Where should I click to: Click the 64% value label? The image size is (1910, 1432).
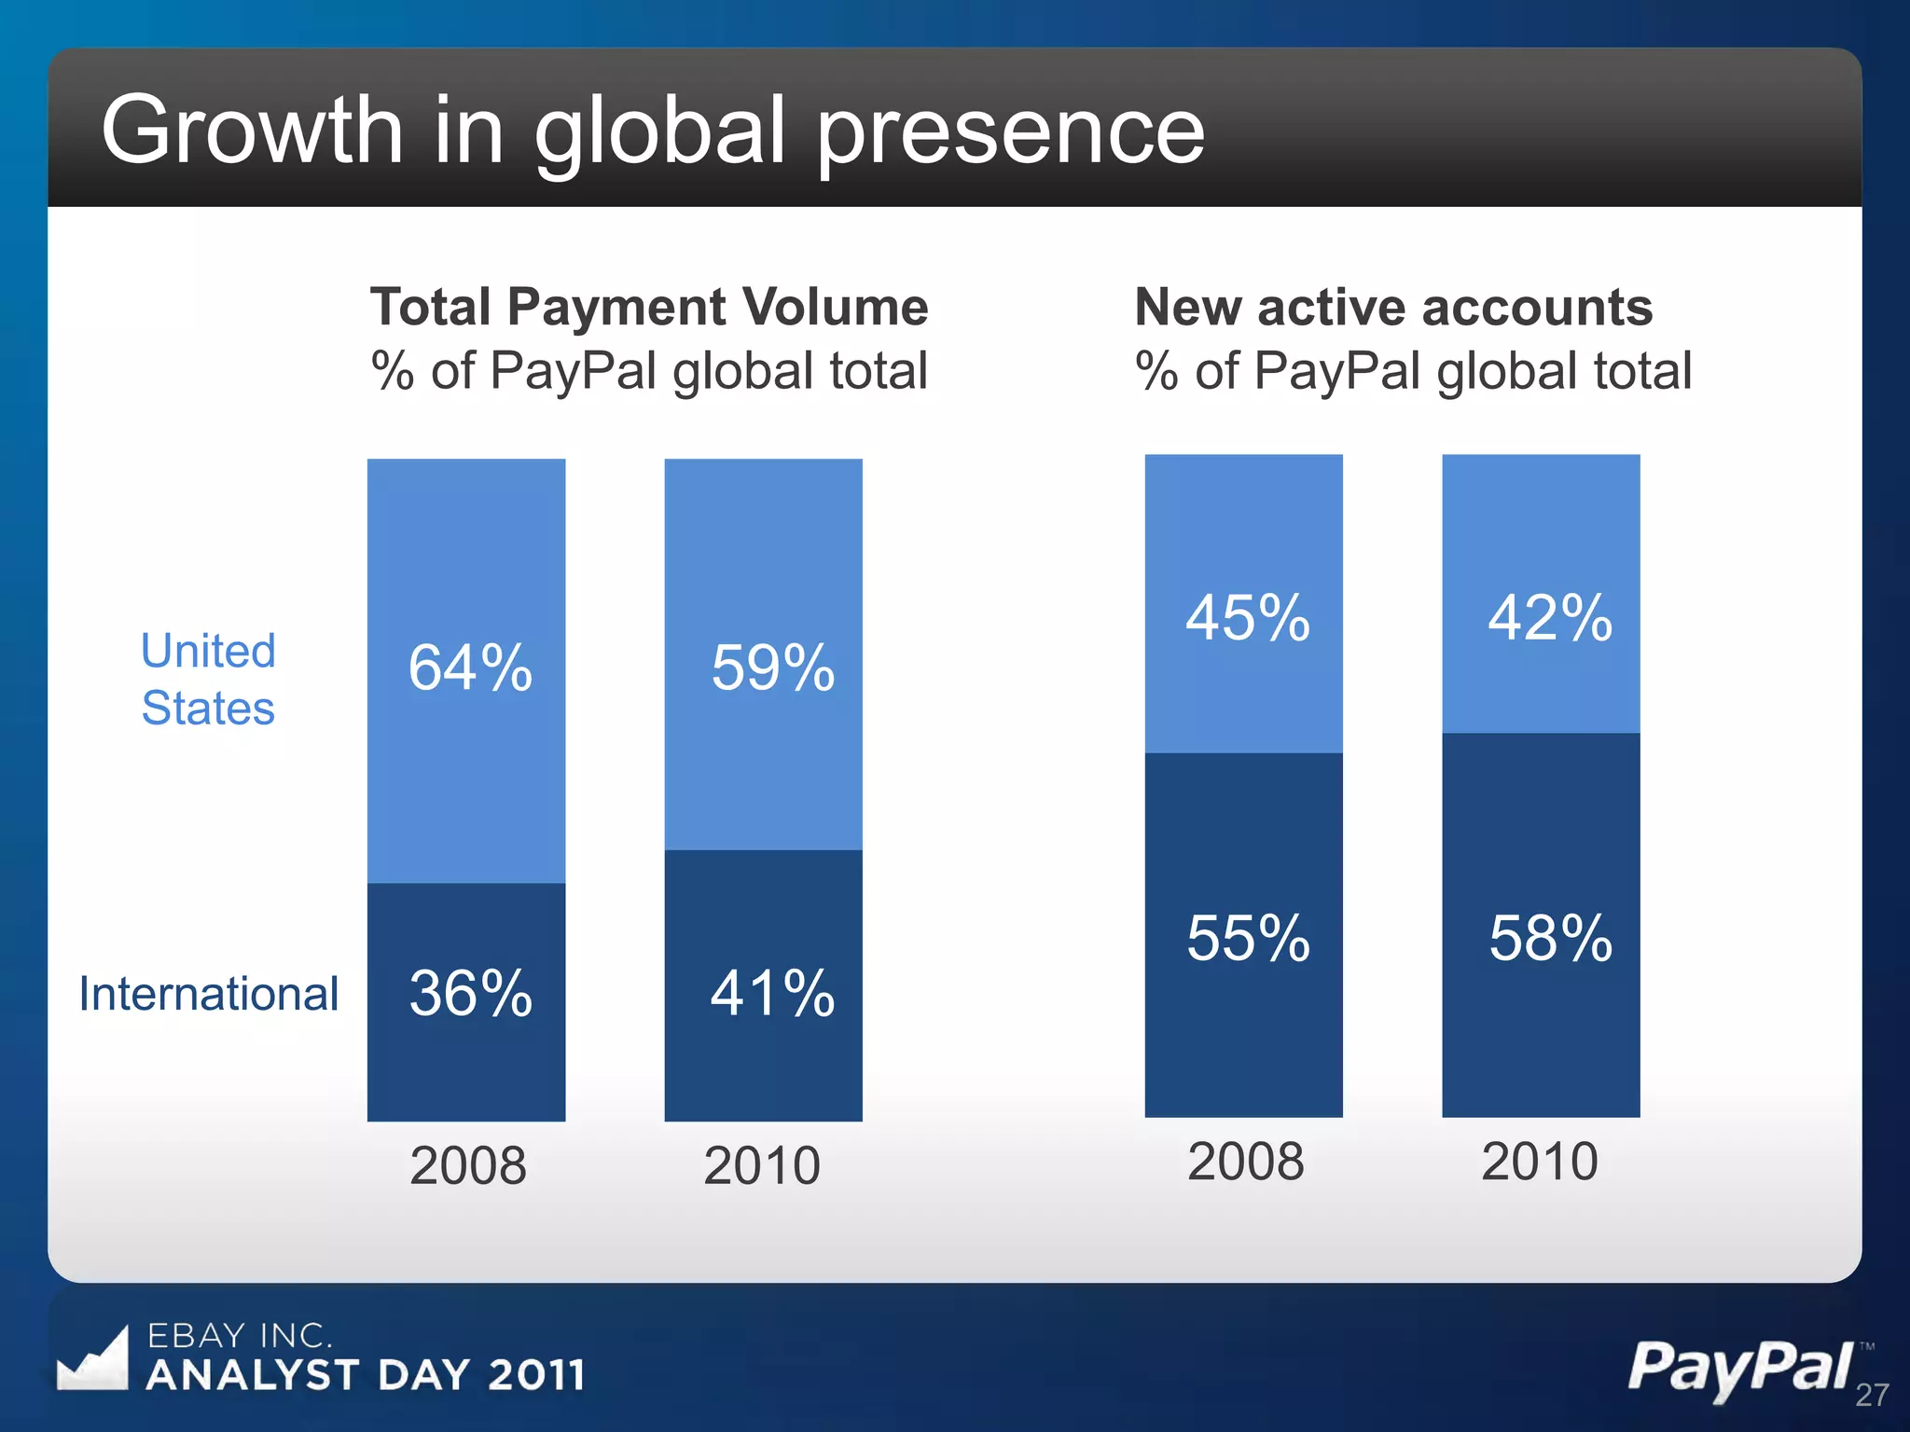pos(470,668)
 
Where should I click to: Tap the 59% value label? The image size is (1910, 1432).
pos(772,668)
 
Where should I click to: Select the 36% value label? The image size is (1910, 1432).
pos(470,994)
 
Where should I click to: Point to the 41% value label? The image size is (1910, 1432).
pos(772,994)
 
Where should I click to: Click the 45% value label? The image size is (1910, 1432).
pos(1248,618)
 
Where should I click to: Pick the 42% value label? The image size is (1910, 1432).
pos(1549,618)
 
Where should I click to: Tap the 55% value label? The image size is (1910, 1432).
pos(1248,938)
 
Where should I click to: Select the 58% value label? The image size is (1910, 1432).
pos(1550,938)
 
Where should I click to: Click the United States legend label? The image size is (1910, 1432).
pos(208,680)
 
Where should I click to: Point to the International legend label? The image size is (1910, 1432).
pos(208,994)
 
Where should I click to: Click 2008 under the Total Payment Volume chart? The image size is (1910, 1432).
pos(468,1166)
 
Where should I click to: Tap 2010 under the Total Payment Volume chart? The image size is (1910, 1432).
pos(762,1166)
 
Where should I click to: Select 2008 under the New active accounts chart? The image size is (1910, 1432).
pos(1245,1162)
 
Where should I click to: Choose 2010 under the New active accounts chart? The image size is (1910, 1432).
pos(1540,1162)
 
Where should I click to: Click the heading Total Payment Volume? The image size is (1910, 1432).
pos(649,308)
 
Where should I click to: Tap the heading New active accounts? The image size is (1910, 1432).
pos(1393,308)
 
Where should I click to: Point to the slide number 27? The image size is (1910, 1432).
pos(1872,1396)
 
